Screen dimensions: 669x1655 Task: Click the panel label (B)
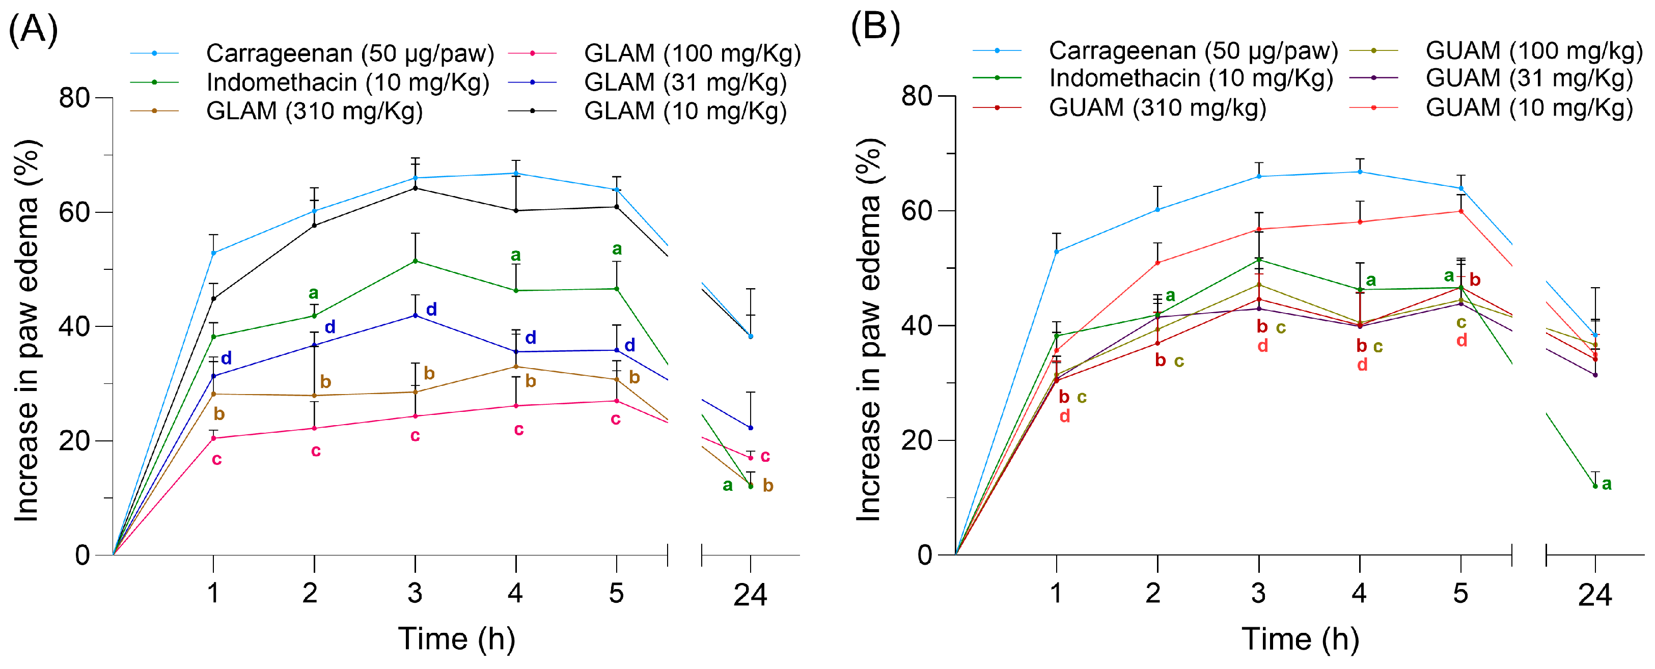click(875, 27)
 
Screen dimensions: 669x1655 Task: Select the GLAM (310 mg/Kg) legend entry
click(314, 111)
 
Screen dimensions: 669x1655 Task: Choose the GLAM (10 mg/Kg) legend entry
click(685, 111)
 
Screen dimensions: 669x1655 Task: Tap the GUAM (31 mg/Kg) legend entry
click(1529, 78)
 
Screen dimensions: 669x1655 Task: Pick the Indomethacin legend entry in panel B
click(1191, 78)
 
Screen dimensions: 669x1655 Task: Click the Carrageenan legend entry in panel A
click(349, 53)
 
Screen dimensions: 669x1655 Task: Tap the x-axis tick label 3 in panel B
click(1258, 593)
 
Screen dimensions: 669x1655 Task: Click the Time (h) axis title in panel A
click(457, 639)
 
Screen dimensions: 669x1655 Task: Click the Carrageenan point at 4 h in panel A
click(516, 173)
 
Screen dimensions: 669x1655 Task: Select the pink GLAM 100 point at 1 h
click(213, 438)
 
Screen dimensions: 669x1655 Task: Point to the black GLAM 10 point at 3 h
click(415, 188)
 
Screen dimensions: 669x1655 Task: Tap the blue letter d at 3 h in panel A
click(432, 309)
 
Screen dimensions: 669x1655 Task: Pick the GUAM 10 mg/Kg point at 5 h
click(1461, 211)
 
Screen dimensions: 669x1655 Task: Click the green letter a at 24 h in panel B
click(1607, 484)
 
